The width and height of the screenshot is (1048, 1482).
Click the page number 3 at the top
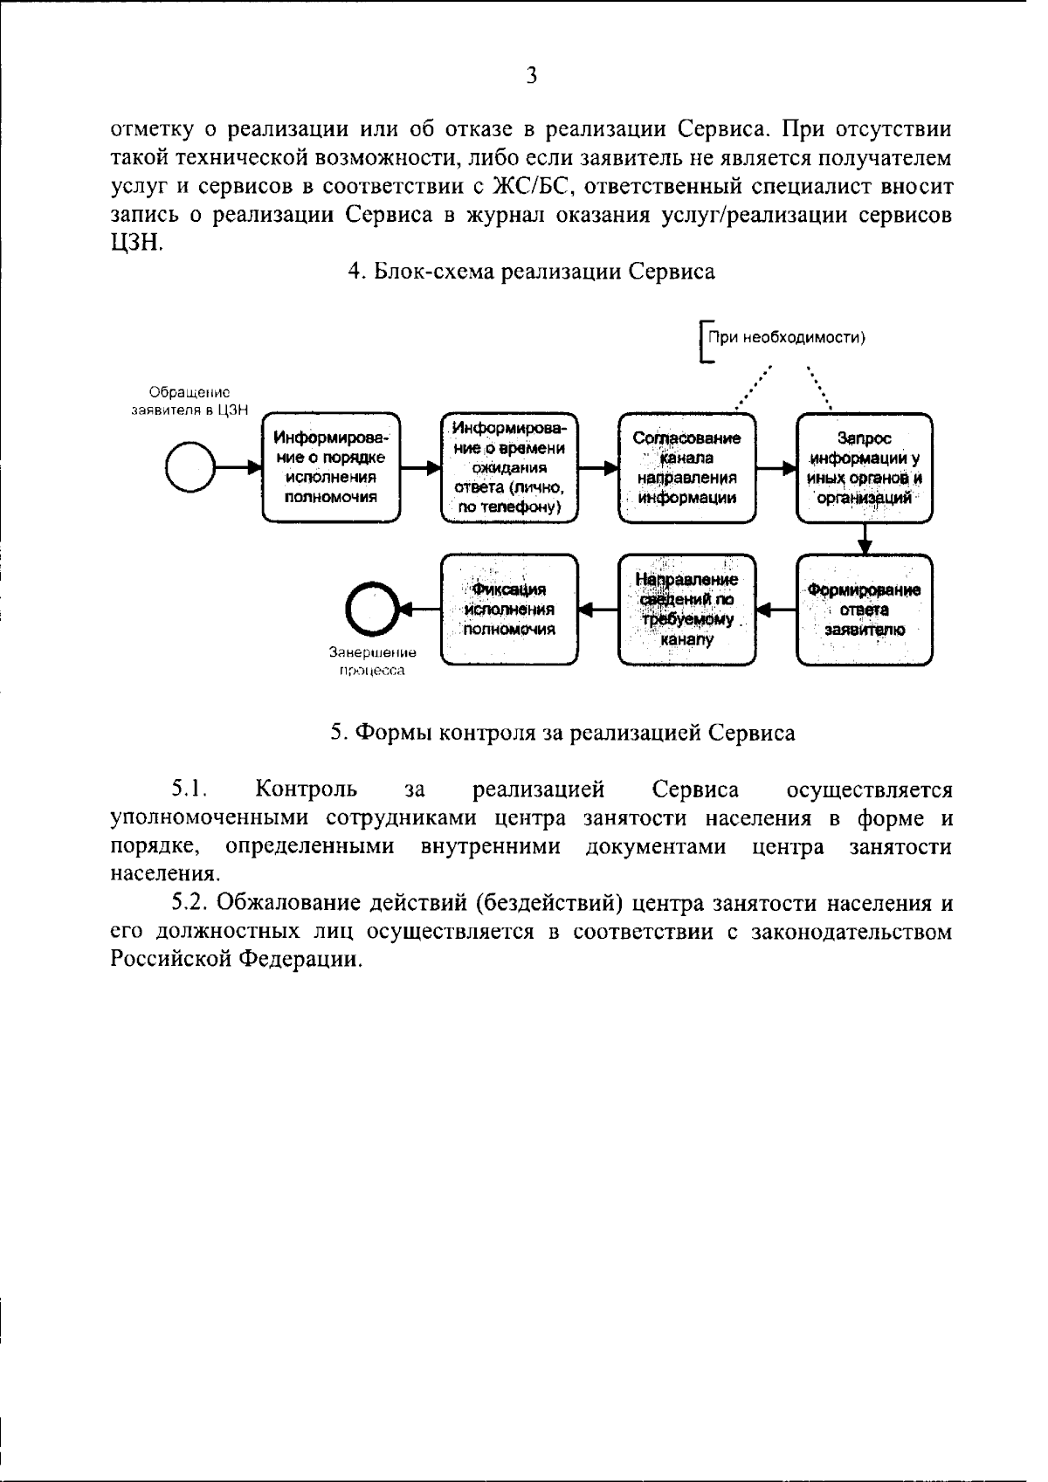(531, 75)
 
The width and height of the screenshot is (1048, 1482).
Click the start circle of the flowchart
(190, 467)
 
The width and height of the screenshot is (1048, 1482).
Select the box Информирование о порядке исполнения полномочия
(332, 468)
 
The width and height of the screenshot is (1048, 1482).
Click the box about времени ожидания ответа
(510, 468)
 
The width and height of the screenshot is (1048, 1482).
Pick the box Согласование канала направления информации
(687, 468)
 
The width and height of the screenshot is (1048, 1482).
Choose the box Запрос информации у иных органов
(865, 468)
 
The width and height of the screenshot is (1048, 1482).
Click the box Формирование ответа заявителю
(865, 610)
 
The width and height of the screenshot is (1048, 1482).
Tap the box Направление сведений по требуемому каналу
(687, 610)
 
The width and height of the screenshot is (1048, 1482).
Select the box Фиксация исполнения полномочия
(510, 610)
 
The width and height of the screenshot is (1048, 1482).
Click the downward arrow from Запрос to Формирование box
(865, 538)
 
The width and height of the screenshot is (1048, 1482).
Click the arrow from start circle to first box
(238, 467)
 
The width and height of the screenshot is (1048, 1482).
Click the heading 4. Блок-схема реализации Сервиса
(531, 272)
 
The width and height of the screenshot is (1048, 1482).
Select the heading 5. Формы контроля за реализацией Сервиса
(562, 733)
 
